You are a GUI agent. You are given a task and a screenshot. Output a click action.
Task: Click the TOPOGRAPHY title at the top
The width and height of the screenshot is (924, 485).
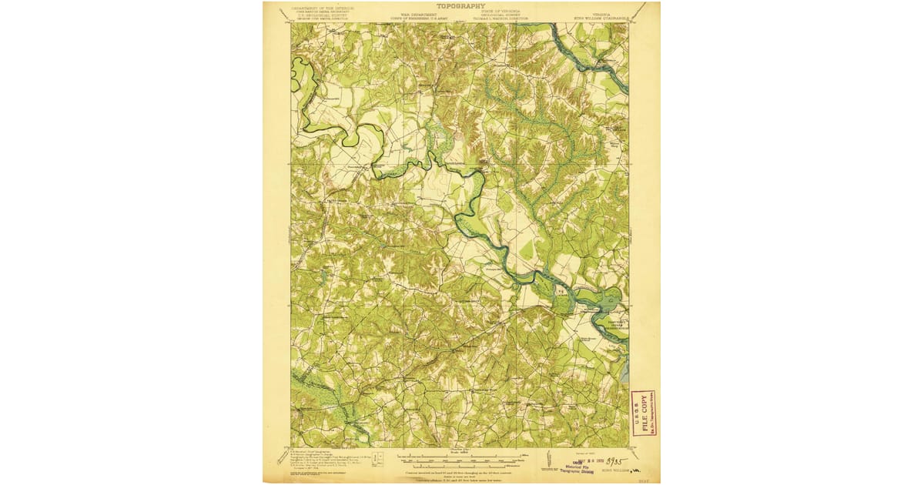tap(461, 5)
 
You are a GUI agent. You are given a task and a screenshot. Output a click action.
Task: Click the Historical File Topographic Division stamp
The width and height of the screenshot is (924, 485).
tap(572, 468)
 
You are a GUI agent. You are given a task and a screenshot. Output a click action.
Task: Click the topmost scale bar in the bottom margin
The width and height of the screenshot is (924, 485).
tap(461, 457)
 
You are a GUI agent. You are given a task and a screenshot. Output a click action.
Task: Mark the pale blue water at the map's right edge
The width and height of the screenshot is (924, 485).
tap(624, 371)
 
